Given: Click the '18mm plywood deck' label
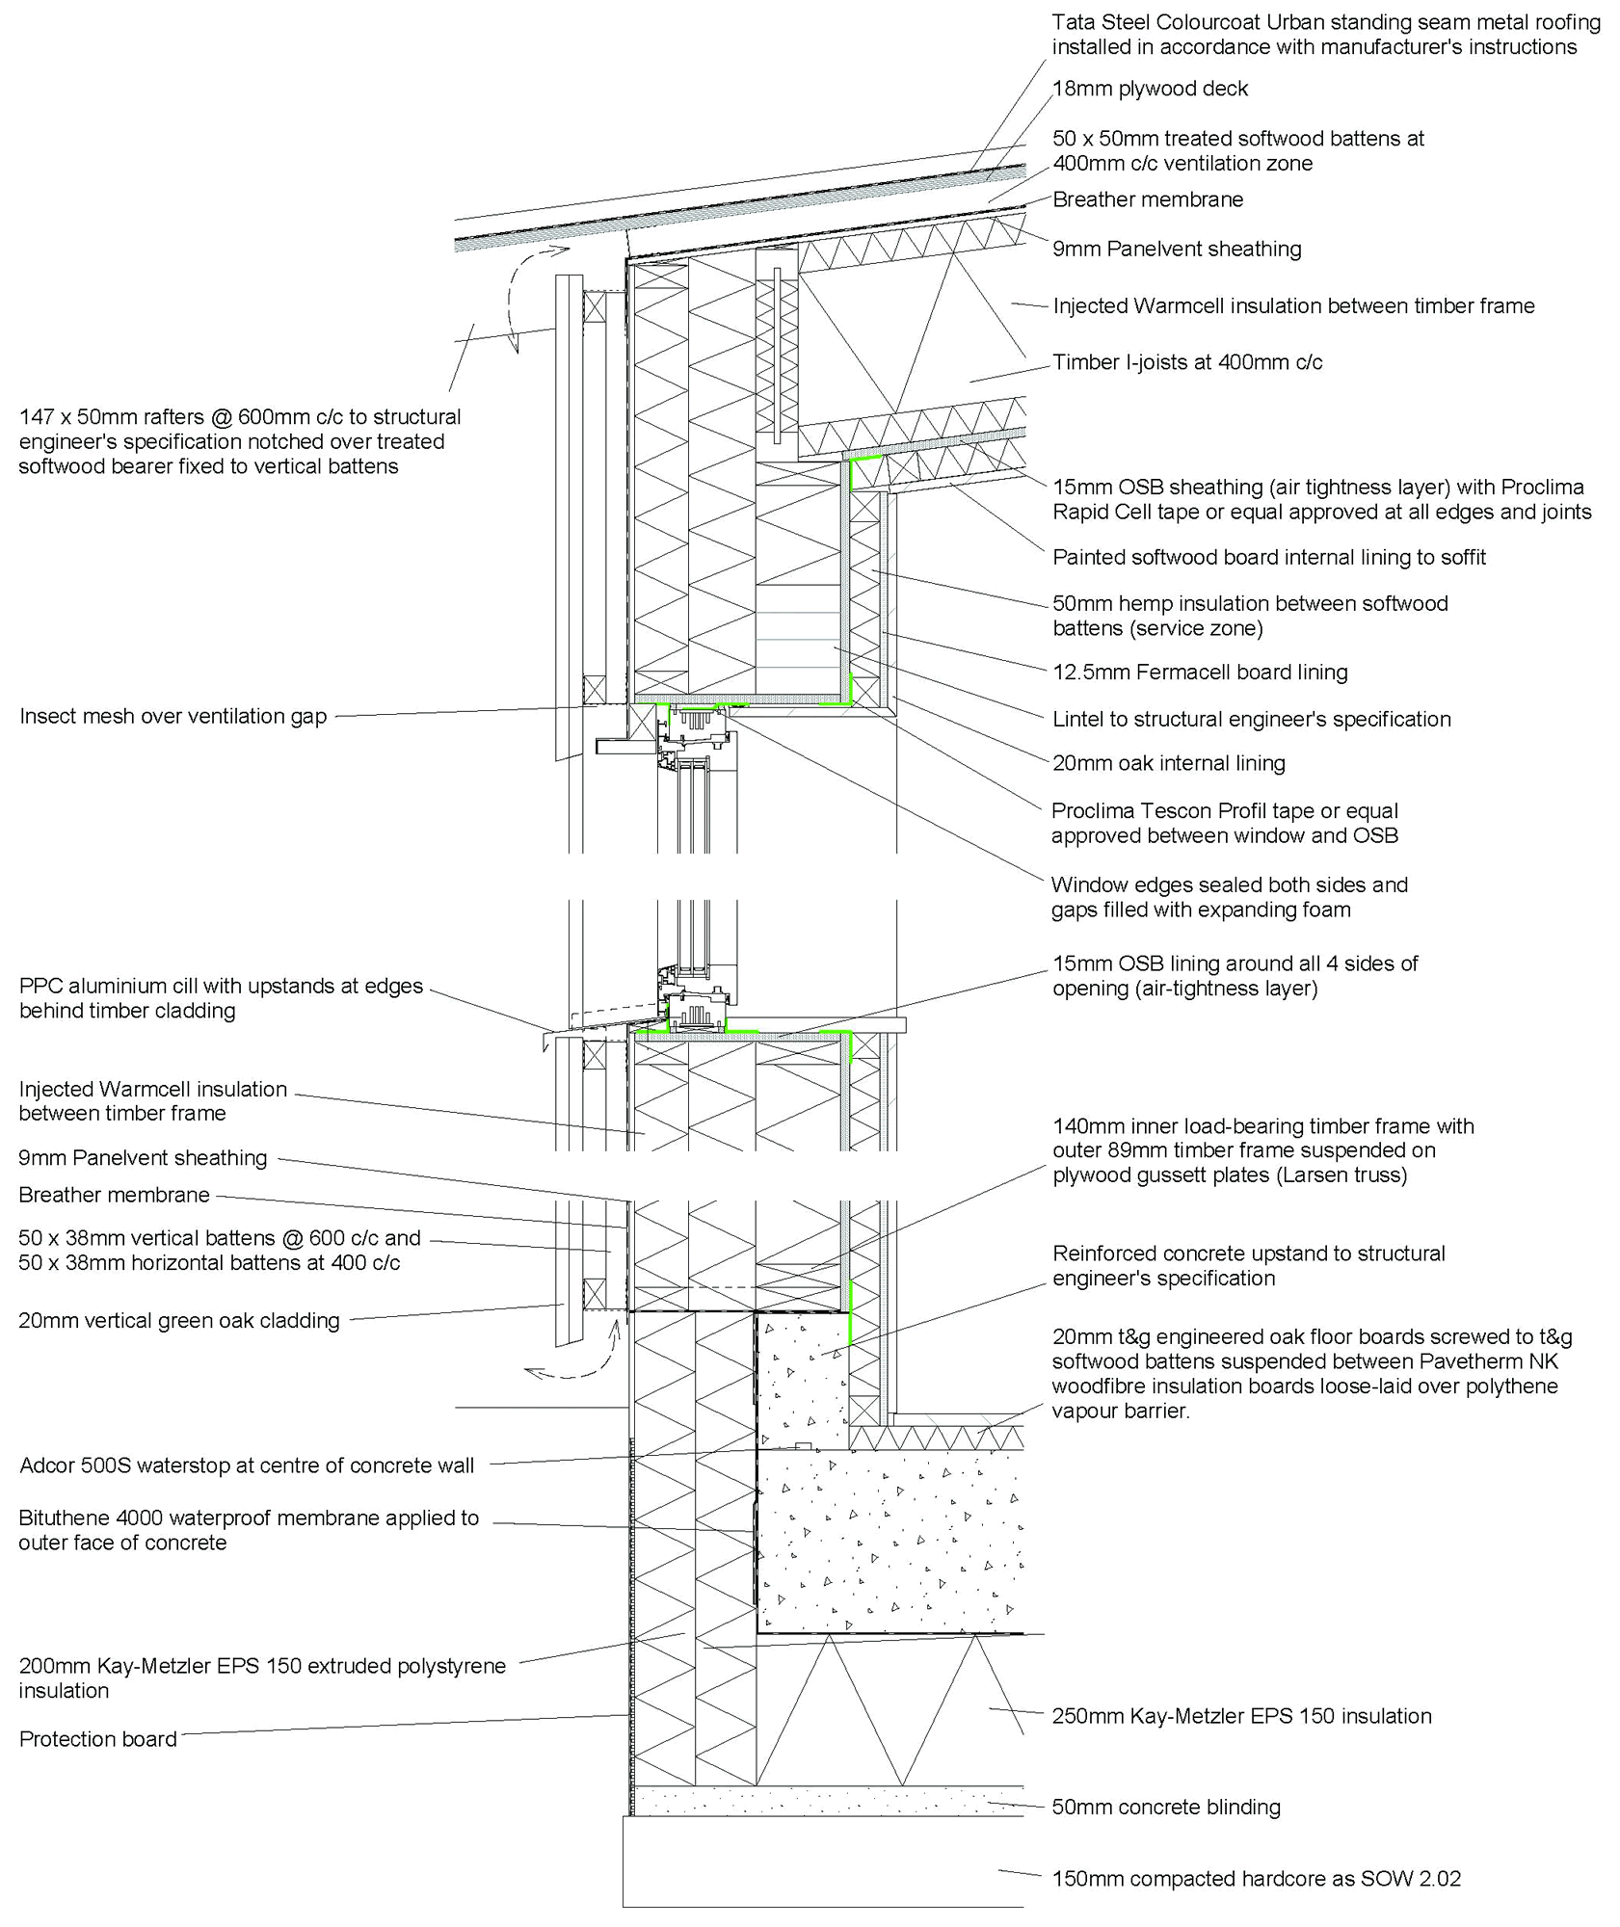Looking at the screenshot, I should pos(1150,90).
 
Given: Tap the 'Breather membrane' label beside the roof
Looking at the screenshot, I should pos(1148,200).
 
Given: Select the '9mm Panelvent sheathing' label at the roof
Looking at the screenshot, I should pos(1177,250).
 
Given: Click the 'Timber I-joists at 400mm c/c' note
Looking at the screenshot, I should pos(1187,363).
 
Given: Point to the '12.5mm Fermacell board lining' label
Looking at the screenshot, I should pos(1200,673).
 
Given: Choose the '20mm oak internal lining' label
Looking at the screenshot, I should pos(1168,764).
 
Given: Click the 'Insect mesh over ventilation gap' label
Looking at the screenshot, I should pos(173,717).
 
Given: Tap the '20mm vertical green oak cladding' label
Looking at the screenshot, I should pos(179,1321).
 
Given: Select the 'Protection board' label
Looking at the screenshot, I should pos(98,1739).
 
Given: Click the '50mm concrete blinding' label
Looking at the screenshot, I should pos(1166,1808).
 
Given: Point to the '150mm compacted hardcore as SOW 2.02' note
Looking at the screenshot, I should pos(1257,1879).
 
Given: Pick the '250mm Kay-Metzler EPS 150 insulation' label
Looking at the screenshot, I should pos(1241,1716).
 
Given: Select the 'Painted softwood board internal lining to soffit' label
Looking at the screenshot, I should pos(1268,558).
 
